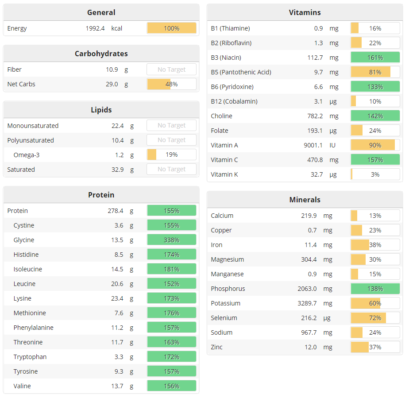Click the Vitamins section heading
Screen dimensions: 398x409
tap(305, 12)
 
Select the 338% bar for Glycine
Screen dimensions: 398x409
tap(171, 240)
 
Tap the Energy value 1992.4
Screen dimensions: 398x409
tap(95, 28)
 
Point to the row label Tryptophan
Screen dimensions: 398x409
tap(30, 357)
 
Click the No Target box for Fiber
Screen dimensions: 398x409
tap(171, 70)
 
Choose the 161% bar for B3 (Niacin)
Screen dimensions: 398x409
tap(375, 58)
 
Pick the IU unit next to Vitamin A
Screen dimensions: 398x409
tap(332, 145)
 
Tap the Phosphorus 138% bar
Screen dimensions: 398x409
tap(375, 289)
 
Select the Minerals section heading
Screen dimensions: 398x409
tap(305, 200)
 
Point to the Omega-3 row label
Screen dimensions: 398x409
tap(27, 155)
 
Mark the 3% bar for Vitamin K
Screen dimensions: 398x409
tap(375, 174)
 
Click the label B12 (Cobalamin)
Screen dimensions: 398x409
tap(234, 101)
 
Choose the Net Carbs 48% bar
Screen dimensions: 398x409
tap(171, 84)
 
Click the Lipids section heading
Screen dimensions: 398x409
tap(101, 110)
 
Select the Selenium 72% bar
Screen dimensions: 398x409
tap(375, 318)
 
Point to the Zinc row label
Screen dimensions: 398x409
tap(217, 347)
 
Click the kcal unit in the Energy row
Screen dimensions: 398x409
tap(117, 28)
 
